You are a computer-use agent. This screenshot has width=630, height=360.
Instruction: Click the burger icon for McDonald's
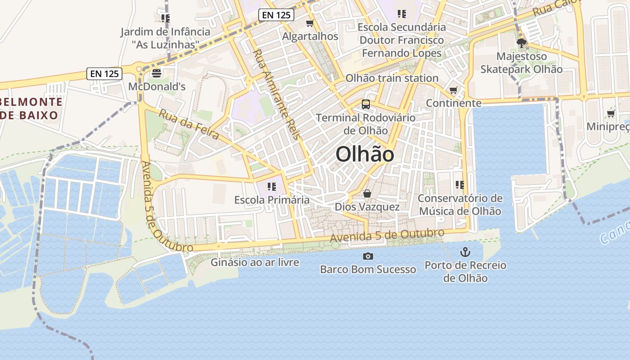157,73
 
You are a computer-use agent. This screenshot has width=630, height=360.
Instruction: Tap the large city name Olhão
365,154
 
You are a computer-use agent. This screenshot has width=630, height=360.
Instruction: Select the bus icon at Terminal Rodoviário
366,104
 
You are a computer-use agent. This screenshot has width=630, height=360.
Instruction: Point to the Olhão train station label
391,78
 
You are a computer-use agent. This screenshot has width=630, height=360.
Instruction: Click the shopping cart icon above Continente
453,90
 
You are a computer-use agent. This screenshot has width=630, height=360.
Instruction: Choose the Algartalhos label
310,36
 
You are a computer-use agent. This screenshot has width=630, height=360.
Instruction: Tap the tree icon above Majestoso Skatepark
522,43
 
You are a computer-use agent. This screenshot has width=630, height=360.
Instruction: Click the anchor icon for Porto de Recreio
465,252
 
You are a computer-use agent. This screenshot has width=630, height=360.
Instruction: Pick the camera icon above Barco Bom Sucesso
368,256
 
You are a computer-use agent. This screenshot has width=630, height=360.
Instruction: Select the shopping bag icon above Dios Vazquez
367,194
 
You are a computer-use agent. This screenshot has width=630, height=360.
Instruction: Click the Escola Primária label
272,200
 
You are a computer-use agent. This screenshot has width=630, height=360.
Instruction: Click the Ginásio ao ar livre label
255,262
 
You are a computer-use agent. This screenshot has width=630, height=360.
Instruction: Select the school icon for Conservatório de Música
459,184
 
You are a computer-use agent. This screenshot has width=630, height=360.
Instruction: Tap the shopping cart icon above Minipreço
611,113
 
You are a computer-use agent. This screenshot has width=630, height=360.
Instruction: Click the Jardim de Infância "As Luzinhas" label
165,38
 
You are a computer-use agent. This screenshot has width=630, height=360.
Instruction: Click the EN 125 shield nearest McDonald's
104,74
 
